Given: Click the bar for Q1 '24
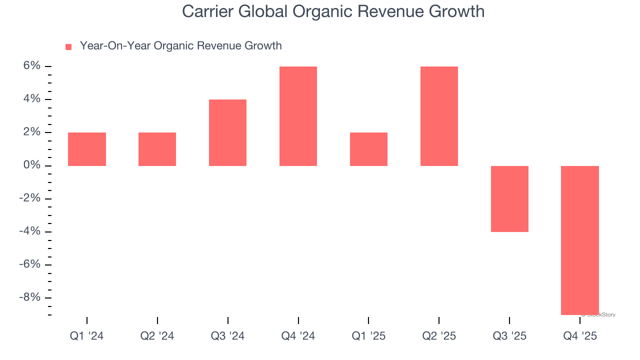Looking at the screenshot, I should click(x=87, y=149).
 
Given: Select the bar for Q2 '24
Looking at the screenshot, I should click(x=157, y=149).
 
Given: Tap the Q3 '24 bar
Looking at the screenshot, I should click(x=227, y=132).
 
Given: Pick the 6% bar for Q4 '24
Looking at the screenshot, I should click(x=298, y=116).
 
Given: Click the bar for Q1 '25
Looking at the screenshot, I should click(x=368, y=149).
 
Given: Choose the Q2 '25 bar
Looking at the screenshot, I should click(x=439, y=116).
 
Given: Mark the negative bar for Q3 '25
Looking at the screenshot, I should click(x=509, y=198).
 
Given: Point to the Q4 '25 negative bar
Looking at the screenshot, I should click(x=580, y=240).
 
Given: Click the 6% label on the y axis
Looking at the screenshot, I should click(x=30, y=66).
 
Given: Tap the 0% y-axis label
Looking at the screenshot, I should click(x=30, y=165).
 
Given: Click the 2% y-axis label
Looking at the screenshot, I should click(x=30, y=132).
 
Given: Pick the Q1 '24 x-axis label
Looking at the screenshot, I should click(x=87, y=336).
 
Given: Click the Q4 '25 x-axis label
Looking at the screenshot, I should click(x=580, y=336).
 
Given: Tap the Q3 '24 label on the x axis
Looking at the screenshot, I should click(x=227, y=336).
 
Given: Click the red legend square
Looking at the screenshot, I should click(x=68, y=47).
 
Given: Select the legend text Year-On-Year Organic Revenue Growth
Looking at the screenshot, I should click(x=180, y=46).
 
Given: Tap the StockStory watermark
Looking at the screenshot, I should click(x=598, y=315).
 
